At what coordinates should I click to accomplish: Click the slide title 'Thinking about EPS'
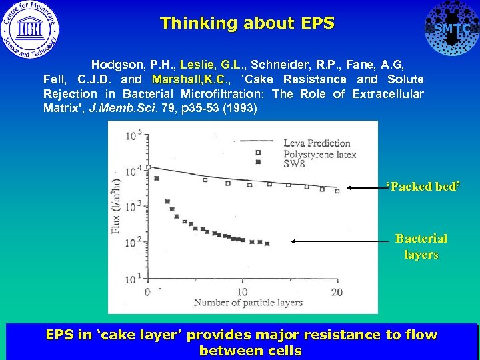[247, 23]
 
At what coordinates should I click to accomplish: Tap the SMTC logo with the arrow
[451, 28]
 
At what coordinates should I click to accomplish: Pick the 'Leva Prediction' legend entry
[317, 143]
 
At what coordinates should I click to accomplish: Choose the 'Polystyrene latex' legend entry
[320, 154]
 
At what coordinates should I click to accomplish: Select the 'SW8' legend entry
[295, 163]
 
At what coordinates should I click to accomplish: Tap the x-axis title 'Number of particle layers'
[248, 302]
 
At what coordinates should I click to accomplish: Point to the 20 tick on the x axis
[336, 292]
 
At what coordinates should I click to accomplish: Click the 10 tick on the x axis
[242, 292]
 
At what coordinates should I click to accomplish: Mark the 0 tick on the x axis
[147, 292]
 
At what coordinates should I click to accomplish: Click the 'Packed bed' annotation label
[423, 186]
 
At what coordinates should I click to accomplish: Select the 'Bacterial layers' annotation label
[421, 246]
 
